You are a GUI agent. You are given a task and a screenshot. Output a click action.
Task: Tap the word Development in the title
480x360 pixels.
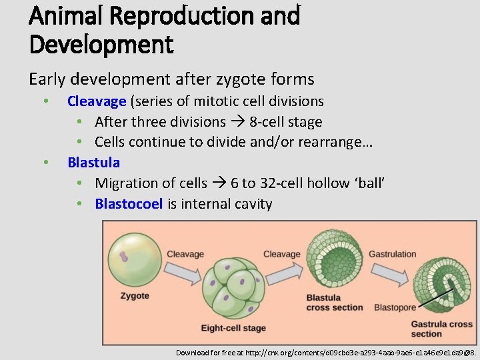tap(101, 45)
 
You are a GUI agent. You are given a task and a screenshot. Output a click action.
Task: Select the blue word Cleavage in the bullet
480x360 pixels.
tap(97, 101)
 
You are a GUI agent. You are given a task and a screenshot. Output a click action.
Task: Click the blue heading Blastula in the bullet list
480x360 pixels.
tap(94, 162)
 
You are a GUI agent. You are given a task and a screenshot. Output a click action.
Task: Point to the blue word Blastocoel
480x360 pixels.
tap(129, 204)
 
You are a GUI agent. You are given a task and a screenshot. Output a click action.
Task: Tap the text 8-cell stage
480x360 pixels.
tap(286, 122)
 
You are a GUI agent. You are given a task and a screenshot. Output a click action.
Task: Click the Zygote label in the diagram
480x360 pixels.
tap(135, 295)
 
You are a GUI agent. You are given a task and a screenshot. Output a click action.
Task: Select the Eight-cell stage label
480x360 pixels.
tap(233, 328)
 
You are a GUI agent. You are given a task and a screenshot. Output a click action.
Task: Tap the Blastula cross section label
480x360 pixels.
tap(334, 303)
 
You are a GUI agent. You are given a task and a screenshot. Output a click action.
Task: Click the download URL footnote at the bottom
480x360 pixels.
tap(325, 352)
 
